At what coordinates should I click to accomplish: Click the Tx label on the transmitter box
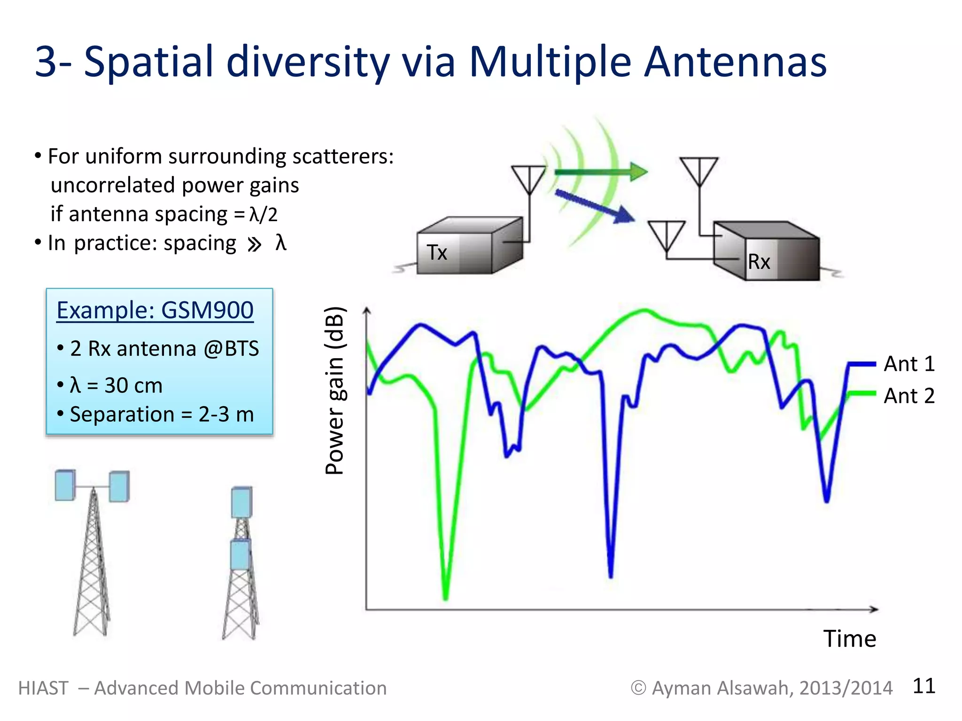[437, 253]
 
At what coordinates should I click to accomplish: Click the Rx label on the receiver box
[759, 261]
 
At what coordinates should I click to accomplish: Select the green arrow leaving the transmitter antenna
[601, 172]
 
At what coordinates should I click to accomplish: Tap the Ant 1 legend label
[909, 364]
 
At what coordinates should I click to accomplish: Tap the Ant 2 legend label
[909, 396]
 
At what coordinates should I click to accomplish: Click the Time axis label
[849, 639]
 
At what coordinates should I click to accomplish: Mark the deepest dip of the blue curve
[611, 575]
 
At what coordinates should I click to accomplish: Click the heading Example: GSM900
[155, 310]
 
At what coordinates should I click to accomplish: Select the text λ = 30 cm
[116, 385]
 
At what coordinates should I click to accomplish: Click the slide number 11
[923, 686]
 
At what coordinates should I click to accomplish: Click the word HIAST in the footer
[43, 688]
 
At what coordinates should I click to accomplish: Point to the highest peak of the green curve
[645, 310]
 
